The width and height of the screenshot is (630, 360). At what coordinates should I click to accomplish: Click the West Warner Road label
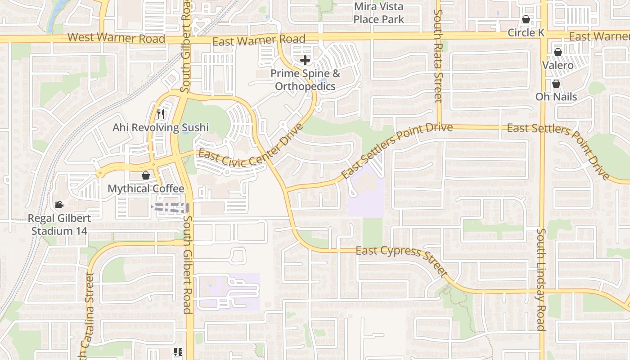pyautogui.click(x=117, y=38)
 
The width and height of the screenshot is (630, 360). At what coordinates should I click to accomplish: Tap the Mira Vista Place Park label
pyautogui.click(x=378, y=13)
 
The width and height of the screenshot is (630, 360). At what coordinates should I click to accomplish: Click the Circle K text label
pyautogui.click(x=526, y=33)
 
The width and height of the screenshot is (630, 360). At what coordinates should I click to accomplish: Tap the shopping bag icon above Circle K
pyautogui.click(x=526, y=19)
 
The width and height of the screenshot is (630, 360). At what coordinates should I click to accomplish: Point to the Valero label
pyautogui.click(x=558, y=66)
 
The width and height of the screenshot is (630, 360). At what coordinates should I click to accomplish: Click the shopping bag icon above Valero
pyautogui.click(x=558, y=52)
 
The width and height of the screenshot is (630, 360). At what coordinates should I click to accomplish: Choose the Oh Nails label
pyautogui.click(x=556, y=97)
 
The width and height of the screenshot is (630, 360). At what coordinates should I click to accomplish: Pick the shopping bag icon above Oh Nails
pyautogui.click(x=556, y=84)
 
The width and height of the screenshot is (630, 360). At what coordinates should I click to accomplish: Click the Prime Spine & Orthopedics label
pyautogui.click(x=305, y=80)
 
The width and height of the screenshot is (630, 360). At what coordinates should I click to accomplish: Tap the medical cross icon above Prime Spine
pyautogui.click(x=305, y=60)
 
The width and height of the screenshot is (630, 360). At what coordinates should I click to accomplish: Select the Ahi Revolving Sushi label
pyautogui.click(x=160, y=128)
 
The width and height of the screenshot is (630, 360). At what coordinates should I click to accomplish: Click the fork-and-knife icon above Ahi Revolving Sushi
pyautogui.click(x=160, y=114)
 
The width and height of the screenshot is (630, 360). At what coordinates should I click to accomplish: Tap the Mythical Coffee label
pyautogui.click(x=146, y=189)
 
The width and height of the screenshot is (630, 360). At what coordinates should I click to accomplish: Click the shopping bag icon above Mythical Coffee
pyautogui.click(x=146, y=175)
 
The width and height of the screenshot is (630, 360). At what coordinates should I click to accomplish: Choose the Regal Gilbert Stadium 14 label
pyautogui.click(x=59, y=225)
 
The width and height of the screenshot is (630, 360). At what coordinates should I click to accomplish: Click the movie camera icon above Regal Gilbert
pyautogui.click(x=59, y=205)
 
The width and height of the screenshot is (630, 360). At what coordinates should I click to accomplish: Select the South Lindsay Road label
pyautogui.click(x=541, y=279)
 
